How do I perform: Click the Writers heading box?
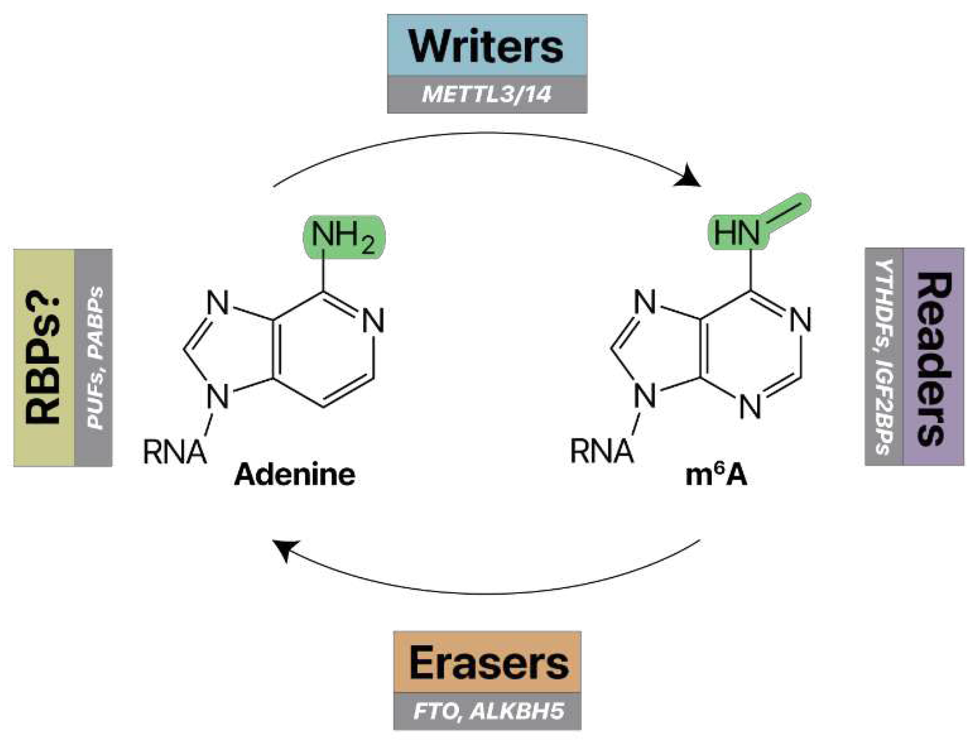(x=487, y=45)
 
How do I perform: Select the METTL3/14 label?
(x=487, y=95)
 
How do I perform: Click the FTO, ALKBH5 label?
(x=487, y=712)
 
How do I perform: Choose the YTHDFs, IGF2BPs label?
(x=884, y=357)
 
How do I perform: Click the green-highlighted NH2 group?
(x=344, y=237)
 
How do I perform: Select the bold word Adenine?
(x=295, y=475)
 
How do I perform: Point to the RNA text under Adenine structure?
(x=174, y=452)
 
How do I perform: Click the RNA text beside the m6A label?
(x=601, y=452)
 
